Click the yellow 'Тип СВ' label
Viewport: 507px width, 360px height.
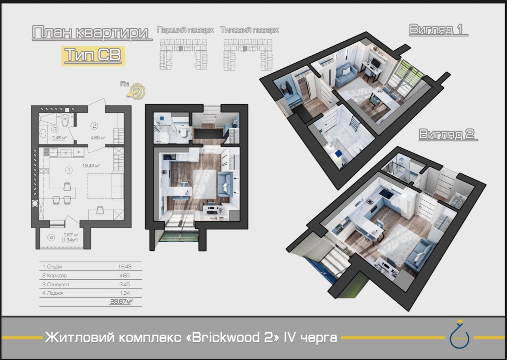click(x=93, y=55)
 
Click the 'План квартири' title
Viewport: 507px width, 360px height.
click(x=90, y=33)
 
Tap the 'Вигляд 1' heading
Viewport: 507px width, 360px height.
click(x=437, y=30)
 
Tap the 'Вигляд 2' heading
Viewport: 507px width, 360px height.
click(x=447, y=134)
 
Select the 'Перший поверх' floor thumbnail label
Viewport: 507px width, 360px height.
click(x=185, y=30)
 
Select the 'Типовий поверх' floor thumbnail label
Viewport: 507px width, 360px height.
click(x=249, y=30)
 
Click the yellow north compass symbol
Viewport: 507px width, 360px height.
click(x=138, y=91)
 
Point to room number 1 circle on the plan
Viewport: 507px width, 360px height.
click(x=69, y=170)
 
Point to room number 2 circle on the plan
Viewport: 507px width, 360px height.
click(x=94, y=126)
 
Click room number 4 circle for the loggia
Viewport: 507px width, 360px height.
click(x=51, y=237)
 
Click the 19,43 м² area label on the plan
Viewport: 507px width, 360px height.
click(x=91, y=166)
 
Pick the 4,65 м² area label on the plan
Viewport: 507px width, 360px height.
click(x=98, y=137)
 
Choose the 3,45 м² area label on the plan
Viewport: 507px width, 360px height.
click(x=59, y=138)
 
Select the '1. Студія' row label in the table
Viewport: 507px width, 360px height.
click(x=52, y=266)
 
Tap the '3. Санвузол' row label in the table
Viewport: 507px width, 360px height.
click(x=56, y=284)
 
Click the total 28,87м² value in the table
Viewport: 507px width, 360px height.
click(x=121, y=302)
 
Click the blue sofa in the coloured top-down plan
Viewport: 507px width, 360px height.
click(x=225, y=184)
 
